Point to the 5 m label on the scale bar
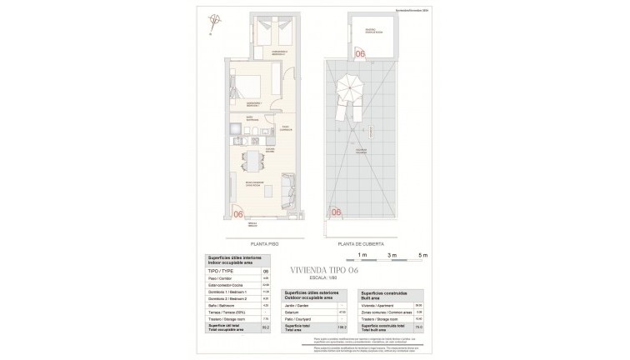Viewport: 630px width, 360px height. tap(422, 253)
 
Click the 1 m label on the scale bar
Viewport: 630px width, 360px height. tap(362, 253)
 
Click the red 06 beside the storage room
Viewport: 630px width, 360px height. tap(360, 53)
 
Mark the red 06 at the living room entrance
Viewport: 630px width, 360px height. tap(239, 213)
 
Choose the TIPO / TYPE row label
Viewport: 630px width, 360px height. tap(218, 271)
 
